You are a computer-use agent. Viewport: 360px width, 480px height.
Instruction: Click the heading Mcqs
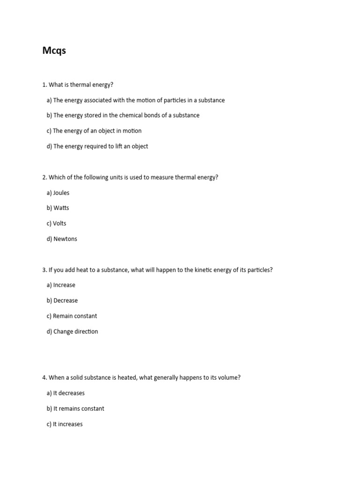tap(54, 51)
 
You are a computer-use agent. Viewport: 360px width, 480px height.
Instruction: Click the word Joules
tap(61, 193)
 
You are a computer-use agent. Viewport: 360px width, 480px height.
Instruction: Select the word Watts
tap(61, 208)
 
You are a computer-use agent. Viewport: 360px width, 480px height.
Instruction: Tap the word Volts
tap(60, 224)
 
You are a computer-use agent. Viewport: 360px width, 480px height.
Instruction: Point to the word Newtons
tap(65, 239)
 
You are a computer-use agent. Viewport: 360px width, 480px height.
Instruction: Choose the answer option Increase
tap(64, 285)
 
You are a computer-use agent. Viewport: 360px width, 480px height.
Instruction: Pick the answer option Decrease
tap(66, 300)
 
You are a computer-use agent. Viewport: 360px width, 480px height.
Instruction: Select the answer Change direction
tap(75, 331)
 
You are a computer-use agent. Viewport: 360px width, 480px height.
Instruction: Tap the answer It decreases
tap(69, 393)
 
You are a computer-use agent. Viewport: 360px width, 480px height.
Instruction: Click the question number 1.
tap(44, 85)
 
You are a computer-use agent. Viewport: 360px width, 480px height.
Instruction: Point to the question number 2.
tap(44, 177)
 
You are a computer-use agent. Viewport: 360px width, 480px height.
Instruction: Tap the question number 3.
tap(44, 270)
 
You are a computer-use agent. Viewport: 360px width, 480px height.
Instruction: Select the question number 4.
tap(44, 377)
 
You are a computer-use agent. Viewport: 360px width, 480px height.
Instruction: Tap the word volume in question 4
tap(229, 377)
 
